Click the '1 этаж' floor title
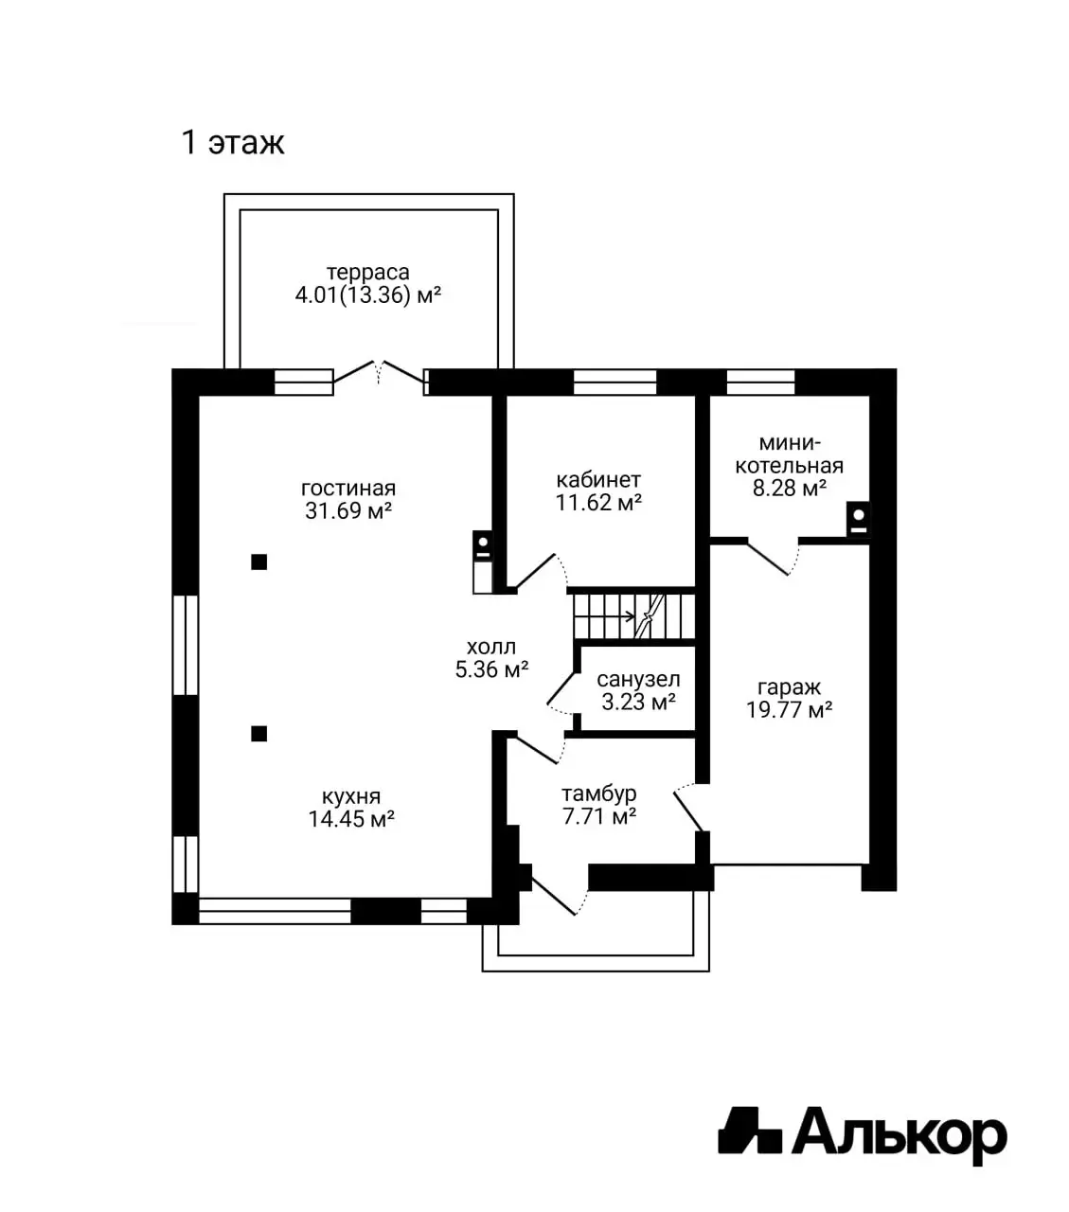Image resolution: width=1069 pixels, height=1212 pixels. [233, 142]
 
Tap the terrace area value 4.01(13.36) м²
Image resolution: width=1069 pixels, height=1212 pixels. [368, 294]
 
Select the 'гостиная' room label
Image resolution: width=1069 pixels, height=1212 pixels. [348, 489]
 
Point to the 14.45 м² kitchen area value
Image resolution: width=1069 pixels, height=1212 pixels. [351, 818]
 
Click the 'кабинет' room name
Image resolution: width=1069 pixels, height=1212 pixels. [598, 480]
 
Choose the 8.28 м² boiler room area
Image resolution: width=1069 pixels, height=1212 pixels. [789, 489]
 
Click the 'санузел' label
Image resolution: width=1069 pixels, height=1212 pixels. [638, 680]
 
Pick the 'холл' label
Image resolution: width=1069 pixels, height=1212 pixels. [491, 647]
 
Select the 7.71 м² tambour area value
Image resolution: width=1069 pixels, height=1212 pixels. [598, 816]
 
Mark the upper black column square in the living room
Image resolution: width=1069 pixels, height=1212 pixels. [259, 562]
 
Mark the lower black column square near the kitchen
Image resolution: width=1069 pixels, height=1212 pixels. [259, 734]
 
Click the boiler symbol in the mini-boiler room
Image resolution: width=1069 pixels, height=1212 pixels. [859, 519]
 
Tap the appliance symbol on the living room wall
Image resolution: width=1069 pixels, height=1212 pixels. [482, 561]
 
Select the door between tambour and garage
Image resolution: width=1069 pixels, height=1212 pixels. [688, 808]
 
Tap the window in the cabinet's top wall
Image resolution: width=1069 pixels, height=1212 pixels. [615, 382]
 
